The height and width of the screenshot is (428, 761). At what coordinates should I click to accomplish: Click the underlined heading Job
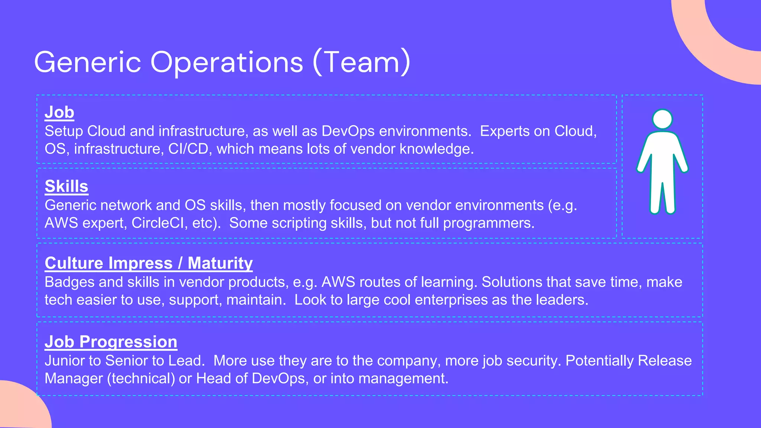tap(59, 112)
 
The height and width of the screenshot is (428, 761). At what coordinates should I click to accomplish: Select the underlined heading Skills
tap(66, 186)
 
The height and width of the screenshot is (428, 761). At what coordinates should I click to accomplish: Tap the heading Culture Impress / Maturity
tap(149, 263)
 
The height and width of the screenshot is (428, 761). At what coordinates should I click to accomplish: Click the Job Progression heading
tap(111, 342)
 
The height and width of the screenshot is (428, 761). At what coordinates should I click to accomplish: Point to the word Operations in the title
tap(227, 62)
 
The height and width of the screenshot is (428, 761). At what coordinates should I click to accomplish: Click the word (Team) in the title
tap(362, 62)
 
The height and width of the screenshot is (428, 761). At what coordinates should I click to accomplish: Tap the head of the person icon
tap(662, 119)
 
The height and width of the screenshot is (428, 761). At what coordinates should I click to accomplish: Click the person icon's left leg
tap(656, 197)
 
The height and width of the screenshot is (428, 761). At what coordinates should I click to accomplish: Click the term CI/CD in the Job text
tap(188, 149)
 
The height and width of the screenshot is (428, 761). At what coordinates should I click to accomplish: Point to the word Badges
tap(69, 282)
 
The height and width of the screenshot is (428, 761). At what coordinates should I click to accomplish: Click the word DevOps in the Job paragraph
tap(348, 131)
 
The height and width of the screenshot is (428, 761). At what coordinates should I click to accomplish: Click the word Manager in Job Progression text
tap(73, 379)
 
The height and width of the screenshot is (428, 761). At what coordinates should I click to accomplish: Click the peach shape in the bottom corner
tap(22, 409)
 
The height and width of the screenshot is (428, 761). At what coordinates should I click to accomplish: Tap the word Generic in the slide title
tap(87, 62)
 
